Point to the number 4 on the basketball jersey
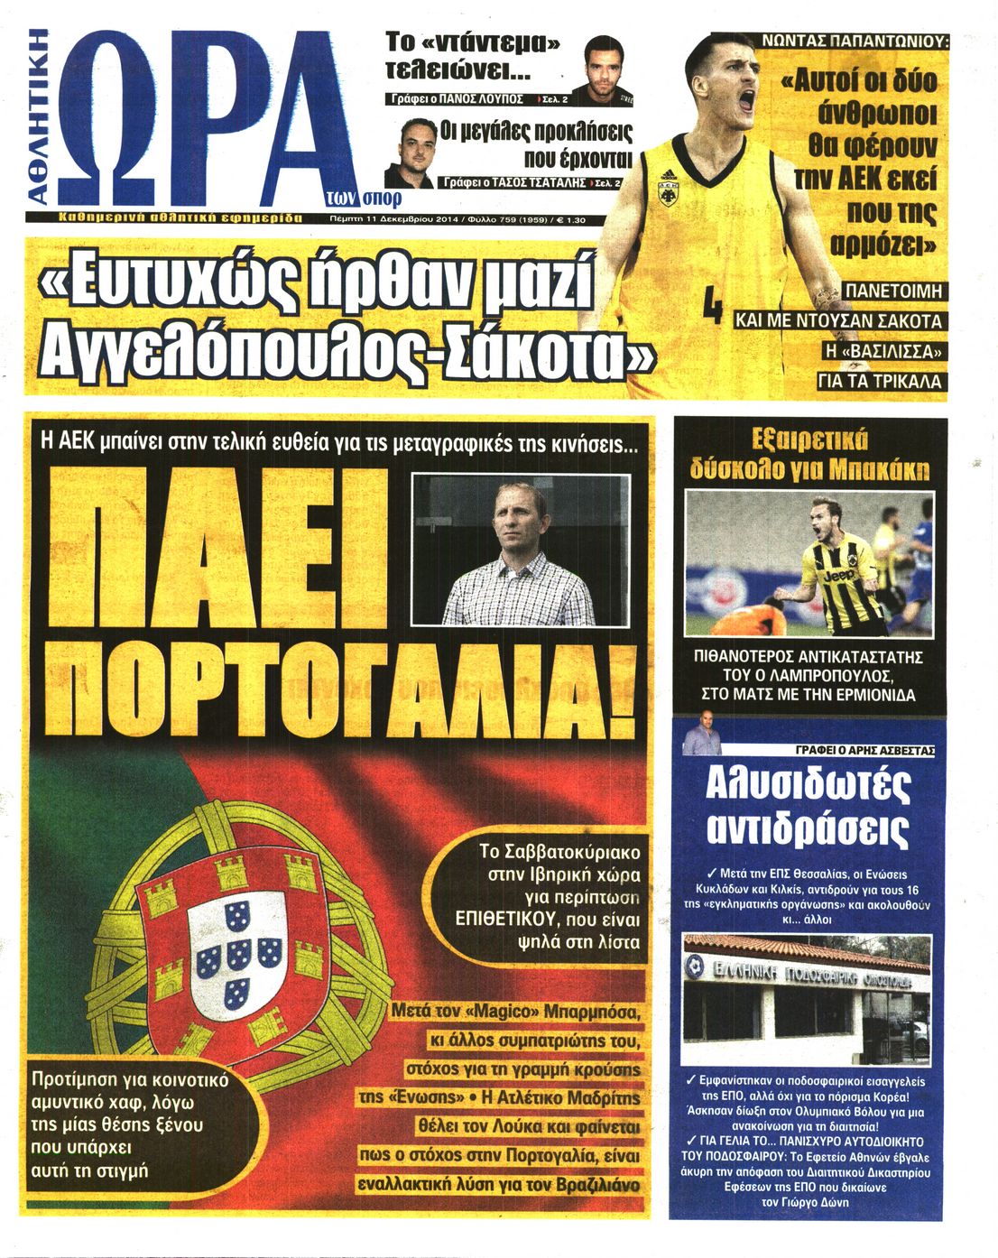712,304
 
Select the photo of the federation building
806,1001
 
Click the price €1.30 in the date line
570,219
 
